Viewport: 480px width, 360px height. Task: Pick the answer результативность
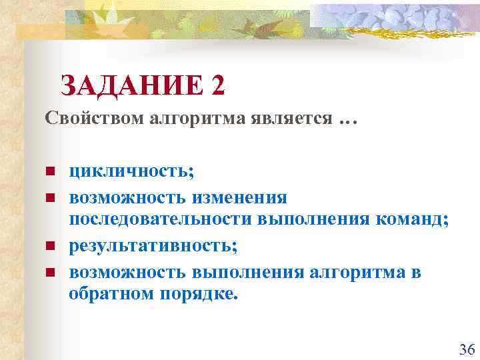tap(153, 246)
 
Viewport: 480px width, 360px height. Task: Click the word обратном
tap(111, 294)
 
